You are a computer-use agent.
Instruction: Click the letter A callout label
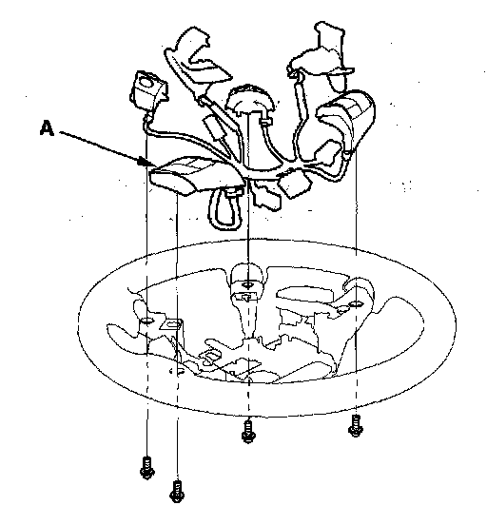47,128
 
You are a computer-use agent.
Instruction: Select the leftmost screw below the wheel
147,467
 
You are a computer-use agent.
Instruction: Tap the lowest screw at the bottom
177,491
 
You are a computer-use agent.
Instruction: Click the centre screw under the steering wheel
248,432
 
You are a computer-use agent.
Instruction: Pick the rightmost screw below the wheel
356,426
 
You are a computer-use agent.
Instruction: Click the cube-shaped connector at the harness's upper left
148,89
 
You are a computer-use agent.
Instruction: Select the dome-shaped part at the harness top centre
249,98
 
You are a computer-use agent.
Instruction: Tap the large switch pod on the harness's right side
345,122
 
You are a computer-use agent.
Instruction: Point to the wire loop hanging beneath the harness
225,209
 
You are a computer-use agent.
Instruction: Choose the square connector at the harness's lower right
295,184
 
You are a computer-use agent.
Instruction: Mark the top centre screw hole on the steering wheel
248,285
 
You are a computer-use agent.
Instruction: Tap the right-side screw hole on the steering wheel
356,304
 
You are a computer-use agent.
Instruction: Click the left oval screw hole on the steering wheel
146,321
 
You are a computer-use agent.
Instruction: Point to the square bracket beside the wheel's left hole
172,324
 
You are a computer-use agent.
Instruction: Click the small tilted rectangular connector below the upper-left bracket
214,127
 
